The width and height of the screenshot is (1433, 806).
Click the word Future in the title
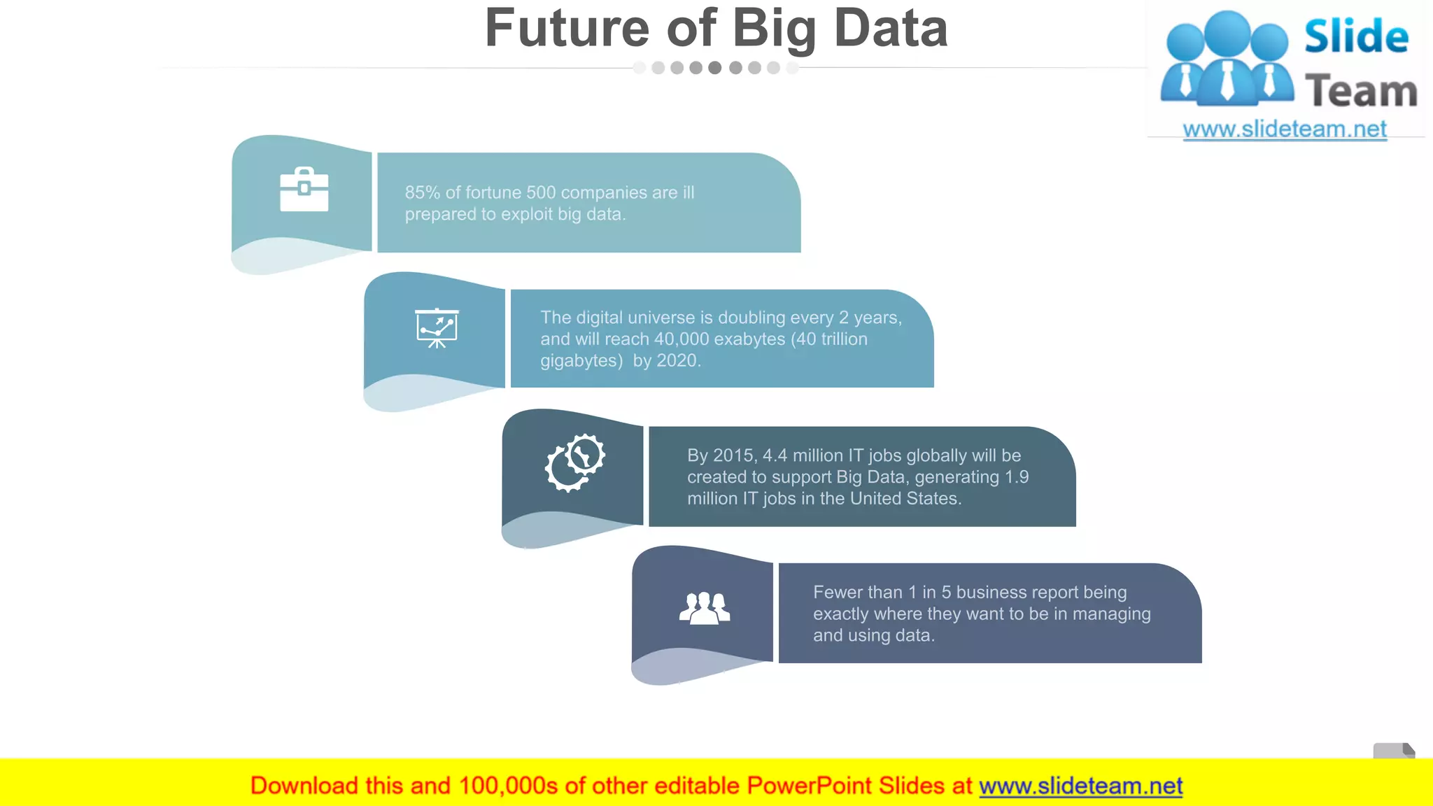567,29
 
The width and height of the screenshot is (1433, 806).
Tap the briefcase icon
304,190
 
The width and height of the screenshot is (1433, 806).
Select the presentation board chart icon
437,327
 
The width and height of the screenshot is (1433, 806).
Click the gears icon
575,462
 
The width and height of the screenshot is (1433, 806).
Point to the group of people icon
705,607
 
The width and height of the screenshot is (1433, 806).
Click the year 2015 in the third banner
734,455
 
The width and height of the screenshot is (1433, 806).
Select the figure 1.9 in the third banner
1017,477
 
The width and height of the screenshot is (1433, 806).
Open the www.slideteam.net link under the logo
1285,129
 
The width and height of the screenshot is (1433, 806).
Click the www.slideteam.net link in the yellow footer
1080,786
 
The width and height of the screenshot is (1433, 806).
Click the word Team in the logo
1361,92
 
